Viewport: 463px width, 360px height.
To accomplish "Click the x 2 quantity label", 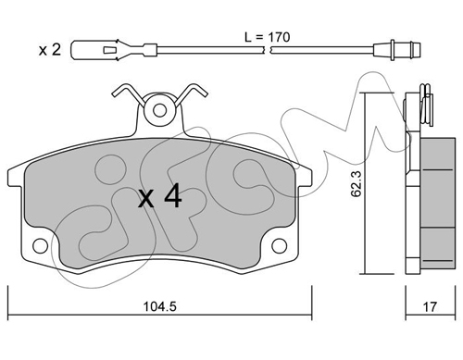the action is [x=50, y=50].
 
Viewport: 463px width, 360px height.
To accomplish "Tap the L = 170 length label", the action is [x=268, y=37].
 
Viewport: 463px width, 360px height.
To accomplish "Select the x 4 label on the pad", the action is [x=159, y=196].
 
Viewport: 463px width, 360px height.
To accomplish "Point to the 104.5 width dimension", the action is [x=160, y=306].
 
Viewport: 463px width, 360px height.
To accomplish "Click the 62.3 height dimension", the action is [x=356, y=184].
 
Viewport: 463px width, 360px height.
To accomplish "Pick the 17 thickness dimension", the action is [x=430, y=306].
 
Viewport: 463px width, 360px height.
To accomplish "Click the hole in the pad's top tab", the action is [x=159, y=110].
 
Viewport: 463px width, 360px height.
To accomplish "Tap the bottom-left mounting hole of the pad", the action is [x=40, y=246].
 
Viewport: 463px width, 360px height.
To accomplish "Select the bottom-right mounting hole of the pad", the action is [x=280, y=246].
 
